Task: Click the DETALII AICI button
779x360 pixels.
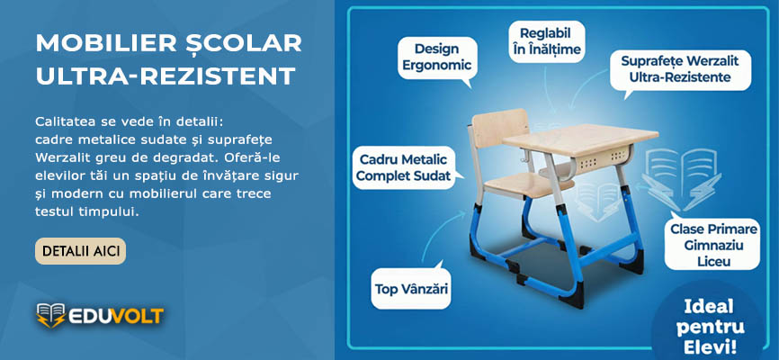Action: coord(80,251)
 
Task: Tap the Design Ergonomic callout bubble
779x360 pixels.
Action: coord(437,58)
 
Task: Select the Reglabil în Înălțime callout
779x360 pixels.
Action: coord(547,41)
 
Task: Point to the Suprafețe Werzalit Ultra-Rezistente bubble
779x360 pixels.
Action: coord(680,69)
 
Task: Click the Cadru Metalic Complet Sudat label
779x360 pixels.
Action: coord(404,167)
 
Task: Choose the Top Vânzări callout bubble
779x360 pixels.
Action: coord(411,289)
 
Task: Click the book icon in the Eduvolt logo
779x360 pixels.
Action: coord(50,315)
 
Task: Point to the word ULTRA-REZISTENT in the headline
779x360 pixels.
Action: coord(166,76)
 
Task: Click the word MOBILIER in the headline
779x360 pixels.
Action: coord(106,44)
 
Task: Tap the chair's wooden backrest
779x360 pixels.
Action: coord(499,129)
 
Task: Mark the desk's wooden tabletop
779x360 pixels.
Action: coord(580,139)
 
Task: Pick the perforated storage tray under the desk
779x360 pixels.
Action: coord(604,158)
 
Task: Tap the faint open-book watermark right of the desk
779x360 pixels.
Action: coord(681,179)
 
